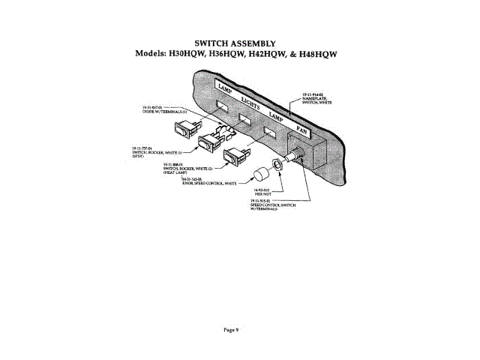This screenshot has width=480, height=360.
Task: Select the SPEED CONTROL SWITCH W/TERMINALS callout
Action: [x=268, y=205]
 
